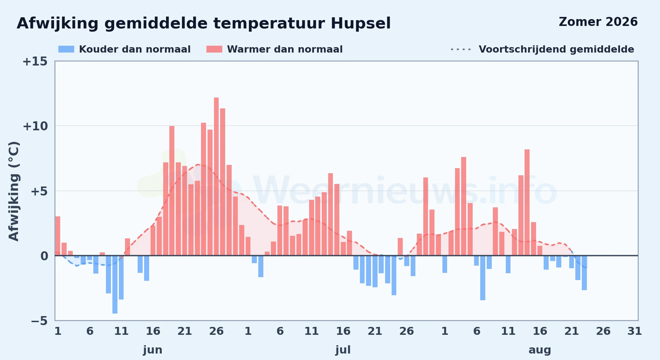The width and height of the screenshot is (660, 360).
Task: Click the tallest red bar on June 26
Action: (216, 176)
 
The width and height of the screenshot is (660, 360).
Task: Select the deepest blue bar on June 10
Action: (115, 284)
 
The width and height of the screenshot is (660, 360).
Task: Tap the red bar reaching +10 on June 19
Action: (172, 191)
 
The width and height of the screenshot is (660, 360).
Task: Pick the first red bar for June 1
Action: (58, 236)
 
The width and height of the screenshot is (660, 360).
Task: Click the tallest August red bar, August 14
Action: (527, 202)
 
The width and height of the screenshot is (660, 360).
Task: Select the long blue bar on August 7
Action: (483, 278)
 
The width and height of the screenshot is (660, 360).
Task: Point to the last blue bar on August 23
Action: (584, 273)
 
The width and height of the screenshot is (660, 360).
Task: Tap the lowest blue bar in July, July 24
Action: (394, 275)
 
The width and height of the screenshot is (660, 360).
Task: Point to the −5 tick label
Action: (39, 321)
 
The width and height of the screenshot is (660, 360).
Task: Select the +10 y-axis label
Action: (35, 126)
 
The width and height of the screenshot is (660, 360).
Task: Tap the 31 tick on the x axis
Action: (635, 331)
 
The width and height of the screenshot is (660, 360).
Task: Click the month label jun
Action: (153, 350)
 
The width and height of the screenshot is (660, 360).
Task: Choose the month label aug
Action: (540, 350)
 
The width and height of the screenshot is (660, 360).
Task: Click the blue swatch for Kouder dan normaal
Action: (66, 49)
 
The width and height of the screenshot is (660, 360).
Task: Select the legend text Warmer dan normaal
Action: (285, 49)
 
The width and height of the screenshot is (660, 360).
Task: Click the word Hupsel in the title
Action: (361, 24)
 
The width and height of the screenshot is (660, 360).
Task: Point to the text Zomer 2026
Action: (598, 22)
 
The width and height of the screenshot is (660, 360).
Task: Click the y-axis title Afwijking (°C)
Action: (14, 191)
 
